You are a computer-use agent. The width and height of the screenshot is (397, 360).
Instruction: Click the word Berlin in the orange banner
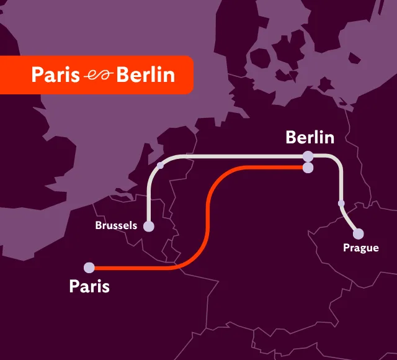[146, 75]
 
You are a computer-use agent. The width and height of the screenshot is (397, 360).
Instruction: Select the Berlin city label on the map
[310, 137]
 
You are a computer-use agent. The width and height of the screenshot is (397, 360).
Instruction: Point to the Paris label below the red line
[89, 287]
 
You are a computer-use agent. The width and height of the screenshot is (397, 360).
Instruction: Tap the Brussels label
[116, 225]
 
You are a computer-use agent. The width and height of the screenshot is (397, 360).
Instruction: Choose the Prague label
[360, 248]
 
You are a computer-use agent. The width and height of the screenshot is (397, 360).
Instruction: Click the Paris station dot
[89, 268]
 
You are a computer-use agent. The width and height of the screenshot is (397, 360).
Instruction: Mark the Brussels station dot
[149, 227]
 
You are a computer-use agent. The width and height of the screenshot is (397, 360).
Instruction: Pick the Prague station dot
[358, 234]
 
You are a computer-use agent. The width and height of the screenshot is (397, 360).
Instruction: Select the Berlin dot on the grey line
[308, 156]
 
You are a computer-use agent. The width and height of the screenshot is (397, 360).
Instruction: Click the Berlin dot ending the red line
[308, 167]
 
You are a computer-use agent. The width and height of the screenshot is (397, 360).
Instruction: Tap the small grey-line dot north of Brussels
[161, 165]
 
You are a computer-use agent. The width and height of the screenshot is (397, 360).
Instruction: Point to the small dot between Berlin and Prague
[341, 203]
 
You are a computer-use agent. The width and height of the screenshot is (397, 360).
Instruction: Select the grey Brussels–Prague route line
[236, 156]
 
